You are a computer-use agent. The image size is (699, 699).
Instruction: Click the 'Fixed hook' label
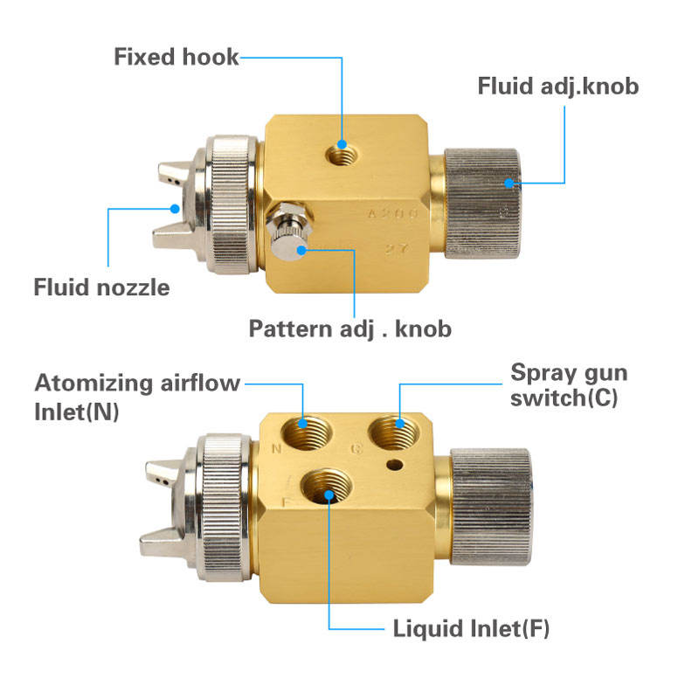click(176, 58)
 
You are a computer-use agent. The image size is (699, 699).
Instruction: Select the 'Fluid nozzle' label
click(101, 287)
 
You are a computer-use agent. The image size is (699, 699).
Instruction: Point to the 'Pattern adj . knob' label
click(349, 329)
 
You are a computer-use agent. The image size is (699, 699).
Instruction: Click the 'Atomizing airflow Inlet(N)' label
click(136, 396)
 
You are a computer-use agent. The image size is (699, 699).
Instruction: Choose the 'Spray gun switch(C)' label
click(569, 385)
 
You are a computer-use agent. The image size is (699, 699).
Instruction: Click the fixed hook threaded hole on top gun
click(342, 153)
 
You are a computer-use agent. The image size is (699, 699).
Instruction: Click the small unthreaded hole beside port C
click(398, 463)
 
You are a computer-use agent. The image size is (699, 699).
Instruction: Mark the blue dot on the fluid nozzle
click(176, 208)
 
